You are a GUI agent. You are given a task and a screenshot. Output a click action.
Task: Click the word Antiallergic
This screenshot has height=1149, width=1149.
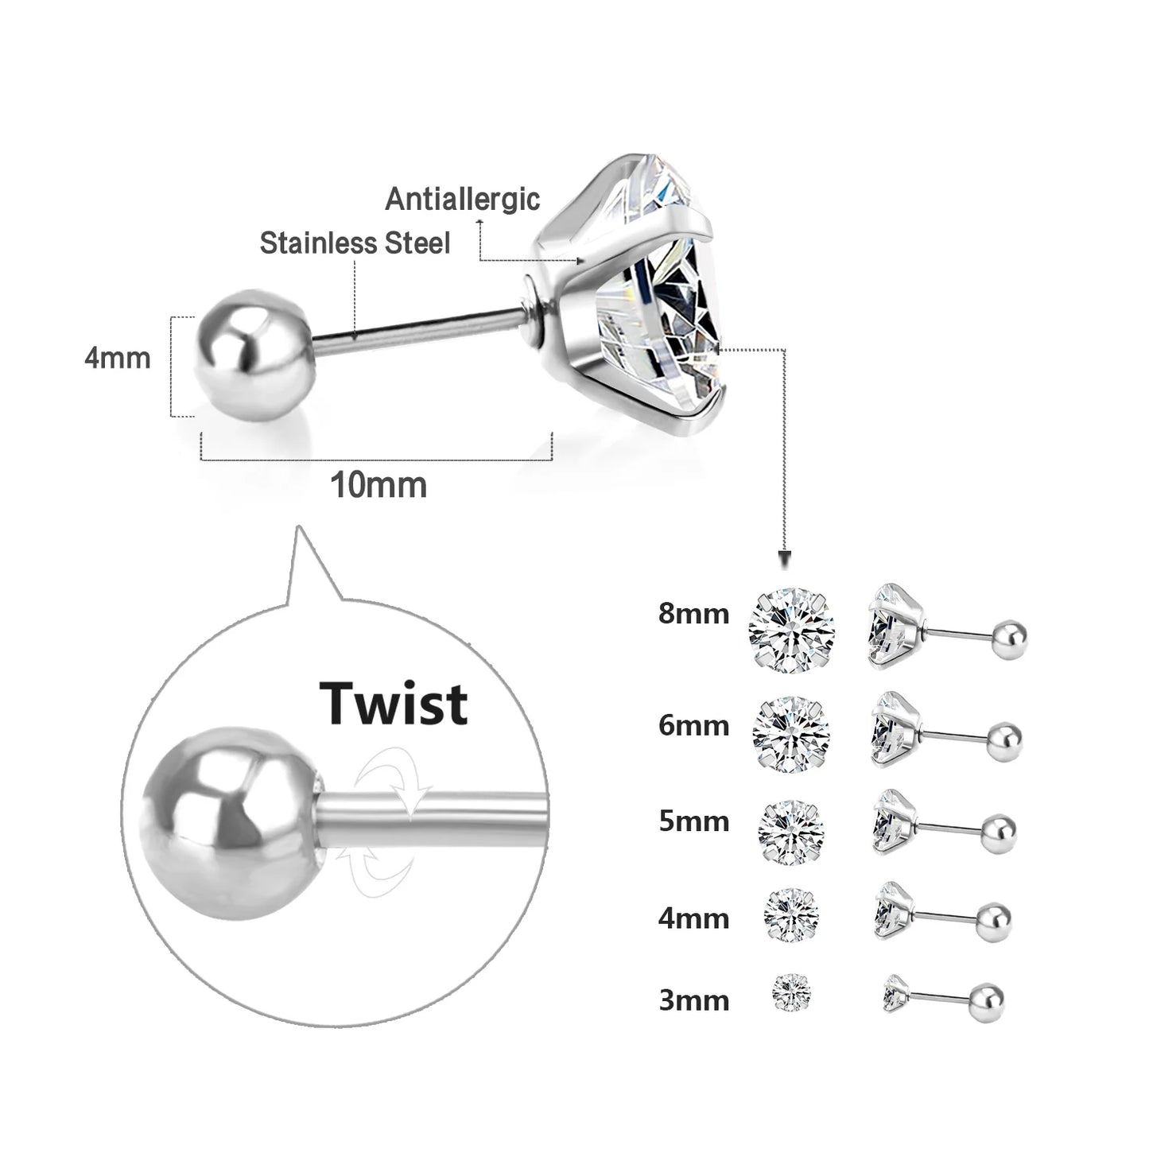(x=463, y=199)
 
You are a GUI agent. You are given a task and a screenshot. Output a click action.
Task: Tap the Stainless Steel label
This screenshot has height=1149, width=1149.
(x=355, y=243)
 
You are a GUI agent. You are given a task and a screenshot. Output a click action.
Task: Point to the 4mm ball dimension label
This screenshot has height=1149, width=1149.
(x=117, y=358)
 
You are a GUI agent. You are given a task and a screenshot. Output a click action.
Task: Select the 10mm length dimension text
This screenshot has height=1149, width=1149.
(x=378, y=485)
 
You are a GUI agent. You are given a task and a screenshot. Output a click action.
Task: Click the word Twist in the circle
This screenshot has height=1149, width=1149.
(x=394, y=704)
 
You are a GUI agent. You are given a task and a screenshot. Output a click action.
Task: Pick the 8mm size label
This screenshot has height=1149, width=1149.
(x=693, y=614)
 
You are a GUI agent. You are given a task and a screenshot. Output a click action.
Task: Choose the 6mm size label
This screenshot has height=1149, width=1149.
(x=693, y=725)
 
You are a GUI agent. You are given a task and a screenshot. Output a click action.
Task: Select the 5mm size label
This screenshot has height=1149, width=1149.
(x=693, y=821)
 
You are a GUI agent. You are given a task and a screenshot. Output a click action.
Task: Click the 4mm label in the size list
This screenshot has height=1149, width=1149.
(x=693, y=918)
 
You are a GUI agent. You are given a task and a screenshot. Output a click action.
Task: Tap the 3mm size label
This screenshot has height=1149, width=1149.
(x=693, y=1000)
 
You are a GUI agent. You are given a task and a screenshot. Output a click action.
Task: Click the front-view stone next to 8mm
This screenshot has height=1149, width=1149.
(x=791, y=630)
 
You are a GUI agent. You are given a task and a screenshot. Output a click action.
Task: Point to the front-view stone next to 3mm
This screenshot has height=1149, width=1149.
(x=793, y=993)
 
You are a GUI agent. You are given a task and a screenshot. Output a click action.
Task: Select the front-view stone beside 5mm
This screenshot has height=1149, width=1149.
(x=791, y=832)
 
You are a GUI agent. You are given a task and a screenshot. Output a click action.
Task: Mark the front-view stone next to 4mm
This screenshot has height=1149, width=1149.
(x=792, y=914)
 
